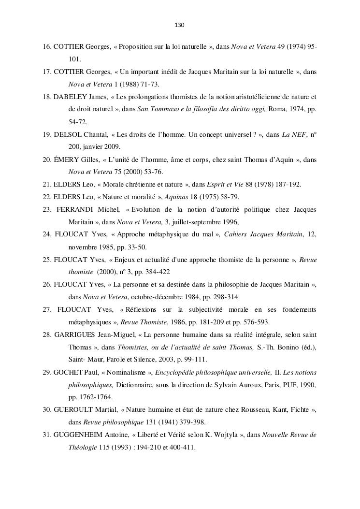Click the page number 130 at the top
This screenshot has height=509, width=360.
[x=180, y=25]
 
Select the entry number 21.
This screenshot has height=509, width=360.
[x=47, y=184]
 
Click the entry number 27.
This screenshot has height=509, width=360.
[x=47, y=310]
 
